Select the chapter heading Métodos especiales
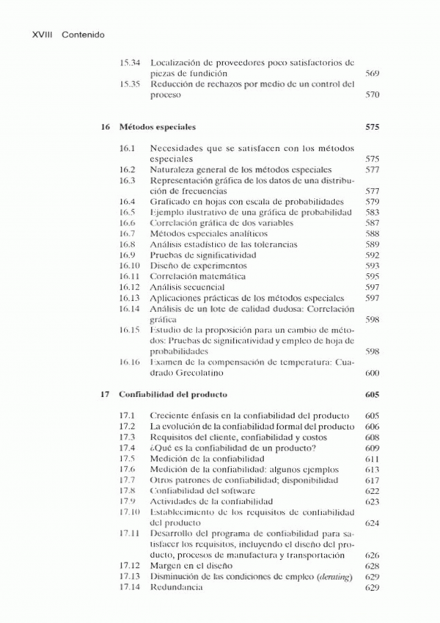point(153,126)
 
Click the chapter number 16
point(106,126)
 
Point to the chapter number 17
point(106,394)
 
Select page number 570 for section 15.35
point(372,95)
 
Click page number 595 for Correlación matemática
point(372,277)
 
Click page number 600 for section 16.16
point(372,373)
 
